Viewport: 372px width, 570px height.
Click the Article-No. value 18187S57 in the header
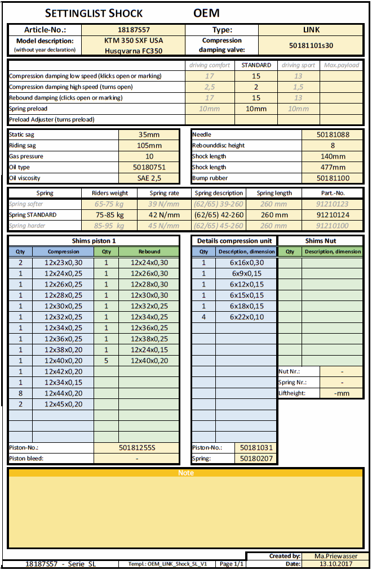click(134, 30)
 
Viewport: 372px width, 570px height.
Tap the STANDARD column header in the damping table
click(256, 65)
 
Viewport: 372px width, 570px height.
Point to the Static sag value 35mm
click(149, 134)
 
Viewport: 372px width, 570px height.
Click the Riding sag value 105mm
click(149, 145)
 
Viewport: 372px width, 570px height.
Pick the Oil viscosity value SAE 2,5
click(149, 178)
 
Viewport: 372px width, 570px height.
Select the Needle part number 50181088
click(332, 134)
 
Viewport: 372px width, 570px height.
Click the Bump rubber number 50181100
click(332, 178)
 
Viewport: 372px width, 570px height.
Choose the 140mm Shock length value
click(332, 156)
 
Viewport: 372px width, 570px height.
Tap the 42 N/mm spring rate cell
click(164, 214)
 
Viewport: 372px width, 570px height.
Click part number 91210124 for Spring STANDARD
click(332, 214)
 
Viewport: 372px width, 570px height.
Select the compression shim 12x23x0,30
click(63, 262)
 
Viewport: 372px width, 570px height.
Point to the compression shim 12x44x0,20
click(63, 393)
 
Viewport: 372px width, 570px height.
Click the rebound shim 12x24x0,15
click(149, 349)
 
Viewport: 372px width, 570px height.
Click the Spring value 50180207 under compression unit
click(255, 459)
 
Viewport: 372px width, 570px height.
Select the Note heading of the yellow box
click(186, 473)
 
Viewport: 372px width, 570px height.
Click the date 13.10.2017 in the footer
click(335, 563)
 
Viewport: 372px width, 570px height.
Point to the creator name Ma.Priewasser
click(335, 556)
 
